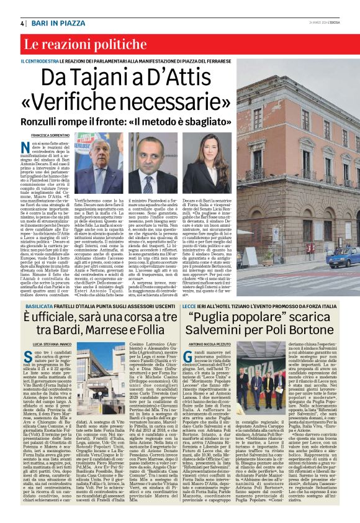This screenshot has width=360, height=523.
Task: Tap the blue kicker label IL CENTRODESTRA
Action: click(x=40, y=61)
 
